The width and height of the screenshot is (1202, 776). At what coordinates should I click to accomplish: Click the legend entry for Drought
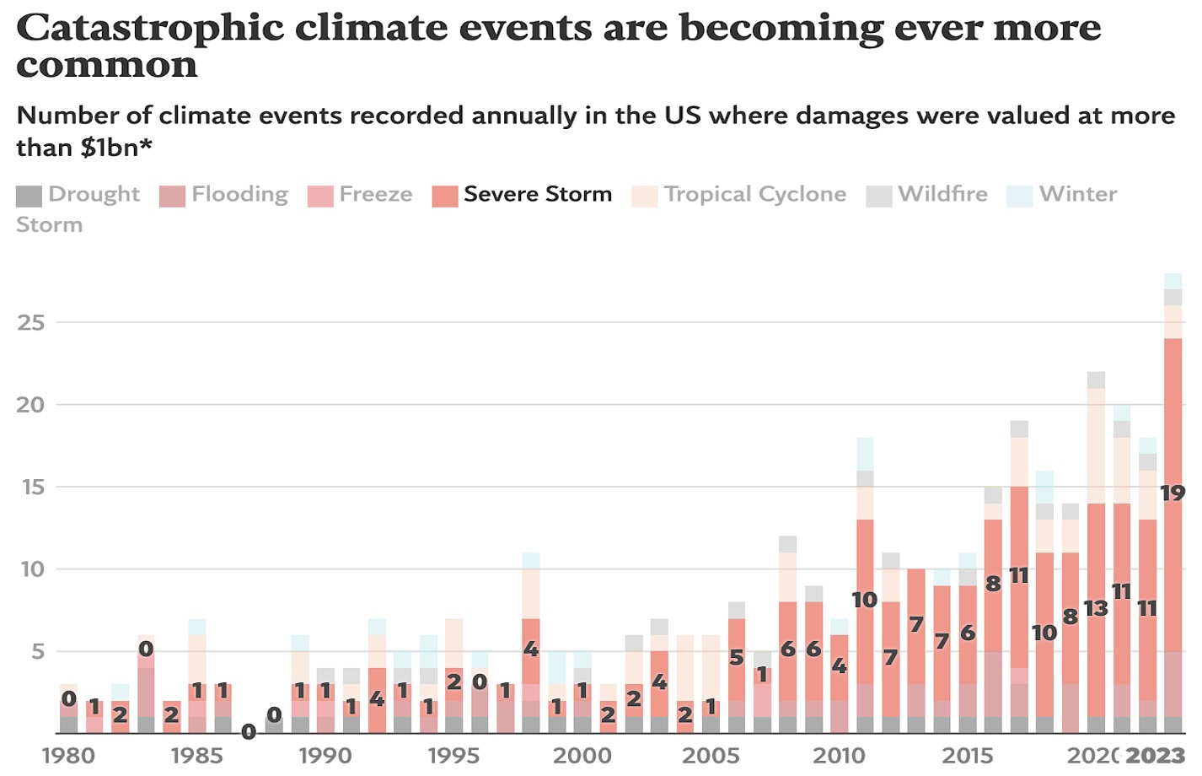(x=78, y=195)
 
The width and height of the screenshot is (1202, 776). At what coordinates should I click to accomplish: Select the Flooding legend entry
(x=224, y=195)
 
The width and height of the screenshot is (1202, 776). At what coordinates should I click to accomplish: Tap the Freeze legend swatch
(x=320, y=196)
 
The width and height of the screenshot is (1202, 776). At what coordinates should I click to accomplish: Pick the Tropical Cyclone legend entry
(x=739, y=195)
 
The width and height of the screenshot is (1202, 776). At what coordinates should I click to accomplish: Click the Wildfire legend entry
(x=927, y=195)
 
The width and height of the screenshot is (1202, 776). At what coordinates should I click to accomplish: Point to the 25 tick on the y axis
(x=31, y=322)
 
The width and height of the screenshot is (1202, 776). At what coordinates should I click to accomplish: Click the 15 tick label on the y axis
(x=31, y=487)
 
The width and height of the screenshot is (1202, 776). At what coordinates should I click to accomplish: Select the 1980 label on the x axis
(x=68, y=755)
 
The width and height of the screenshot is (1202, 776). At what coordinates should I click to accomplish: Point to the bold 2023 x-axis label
(x=1155, y=755)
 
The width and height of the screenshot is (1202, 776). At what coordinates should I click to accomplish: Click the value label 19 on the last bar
(x=1172, y=493)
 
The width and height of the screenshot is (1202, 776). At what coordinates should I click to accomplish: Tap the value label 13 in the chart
(x=1096, y=607)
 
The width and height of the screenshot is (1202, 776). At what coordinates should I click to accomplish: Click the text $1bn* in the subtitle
(x=116, y=148)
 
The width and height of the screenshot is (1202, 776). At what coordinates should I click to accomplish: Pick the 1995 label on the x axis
(x=453, y=755)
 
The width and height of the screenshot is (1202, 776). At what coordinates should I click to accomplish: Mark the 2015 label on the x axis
(x=968, y=755)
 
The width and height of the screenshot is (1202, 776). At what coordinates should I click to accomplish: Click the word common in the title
(x=106, y=66)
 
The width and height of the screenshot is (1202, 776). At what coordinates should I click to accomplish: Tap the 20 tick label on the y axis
(x=31, y=405)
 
